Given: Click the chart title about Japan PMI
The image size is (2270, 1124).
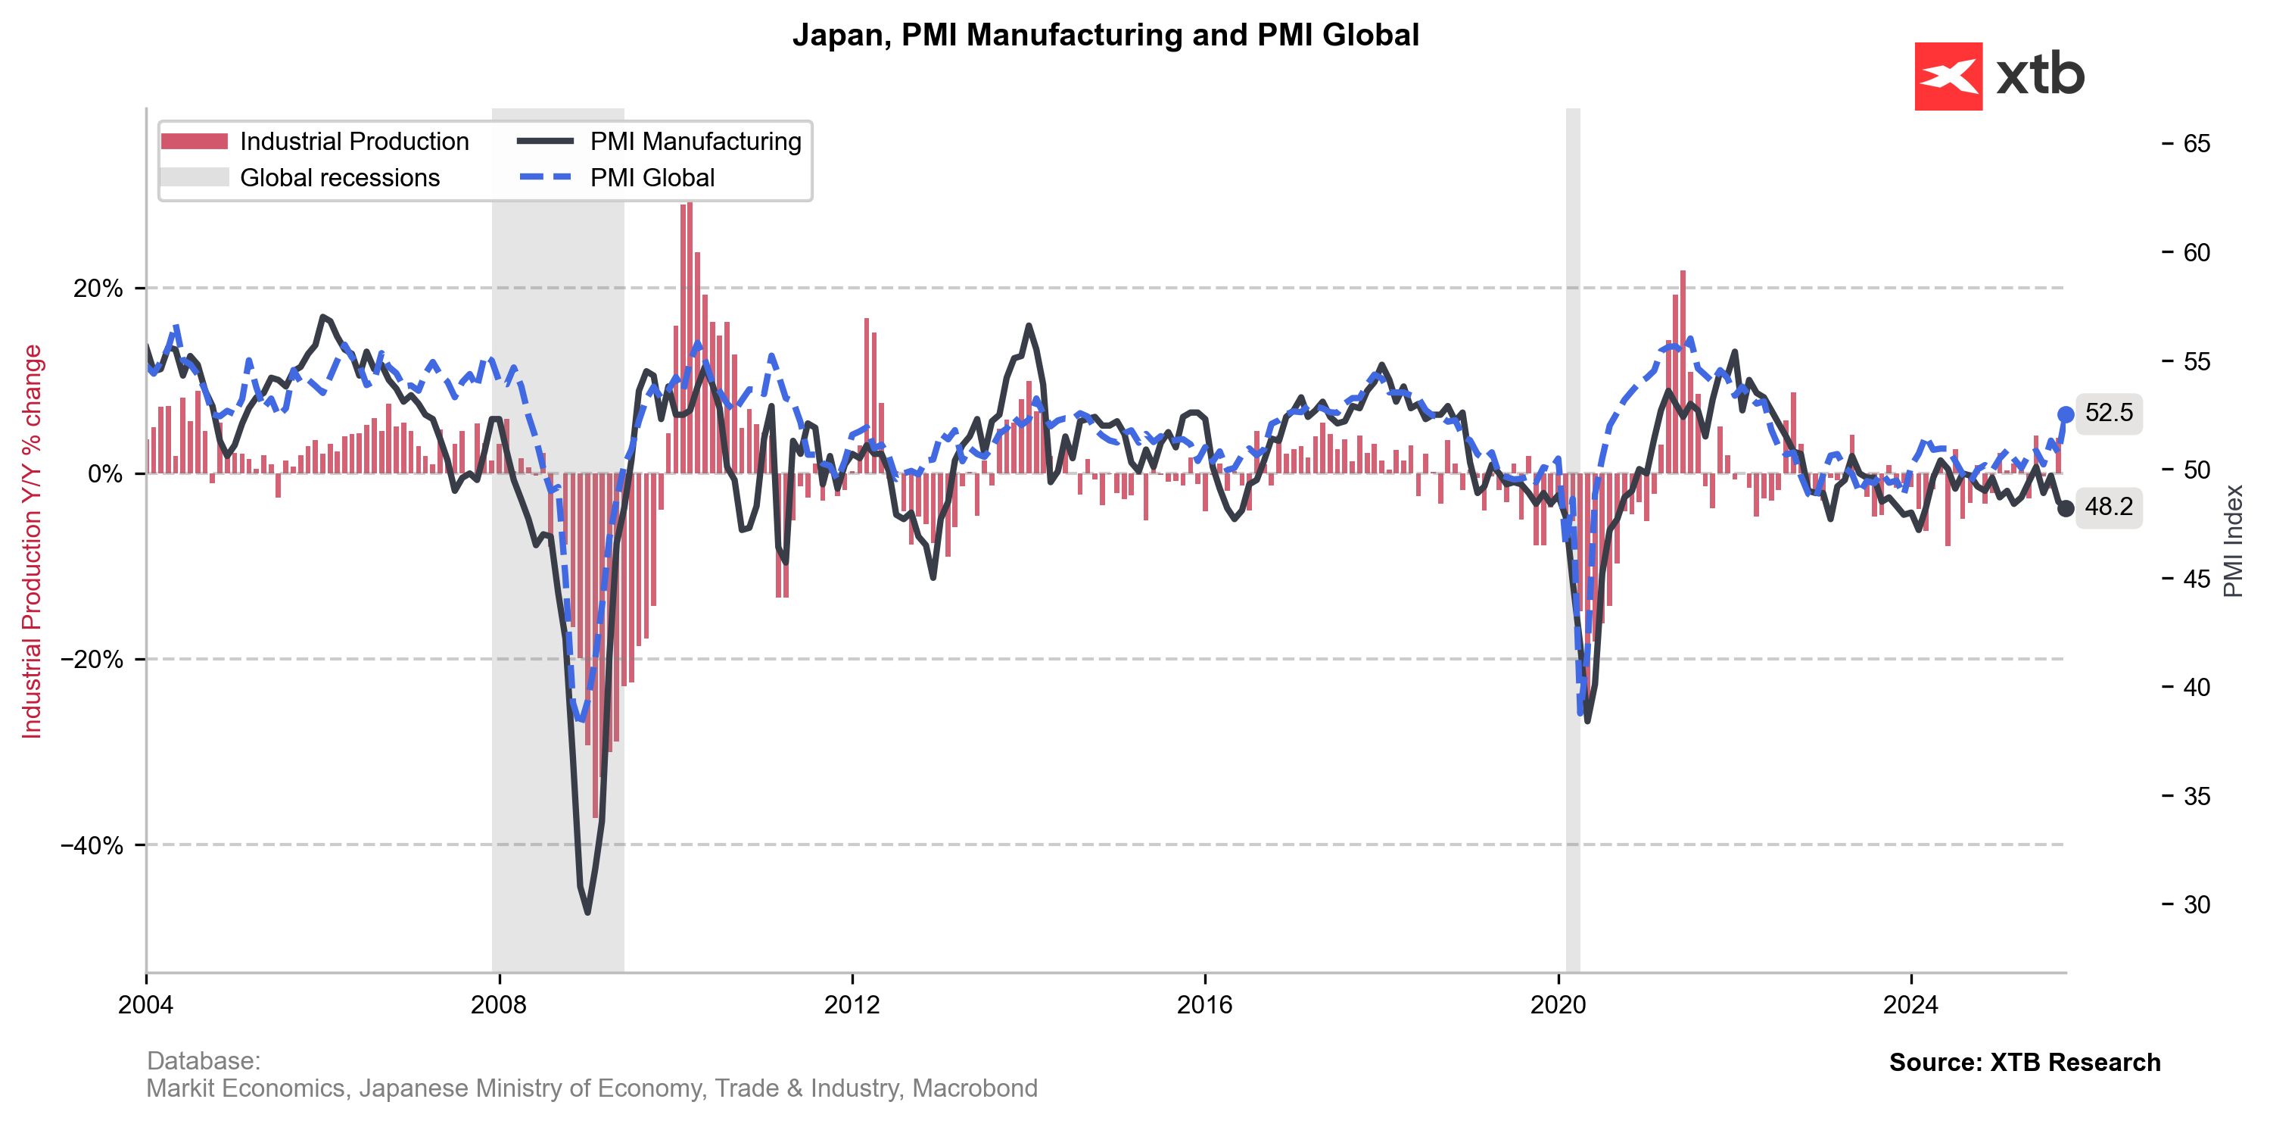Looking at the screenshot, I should pyautogui.click(x=1105, y=36).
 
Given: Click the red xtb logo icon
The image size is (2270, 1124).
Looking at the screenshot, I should pyautogui.click(x=1948, y=76).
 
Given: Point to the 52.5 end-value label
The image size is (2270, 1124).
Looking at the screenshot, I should pyautogui.click(x=2108, y=413).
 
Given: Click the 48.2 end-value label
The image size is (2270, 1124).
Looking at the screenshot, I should pyautogui.click(x=2108, y=507).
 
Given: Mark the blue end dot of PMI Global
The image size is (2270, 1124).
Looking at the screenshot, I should pyautogui.click(x=2065, y=414).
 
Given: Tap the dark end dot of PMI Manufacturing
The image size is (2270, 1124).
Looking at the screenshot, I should pyautogui.click(x=2065, y=509).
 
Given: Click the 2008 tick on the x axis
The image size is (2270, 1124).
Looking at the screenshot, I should pyautogui.click(x=499, y=1004).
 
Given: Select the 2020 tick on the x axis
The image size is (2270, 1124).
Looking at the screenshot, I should pyautogui.click(x=1558, y=1004).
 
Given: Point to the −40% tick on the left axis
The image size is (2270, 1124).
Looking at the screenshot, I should pyautogui.click(x=92, y=845).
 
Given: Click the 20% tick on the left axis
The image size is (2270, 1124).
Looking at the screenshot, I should pyautogui.click(x=98, y=289).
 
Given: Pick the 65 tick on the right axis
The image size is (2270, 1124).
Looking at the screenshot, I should pyautogui.click(x=2196, y=144).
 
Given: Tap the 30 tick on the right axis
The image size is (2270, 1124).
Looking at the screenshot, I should pyautogui.click(x=2196, y=904).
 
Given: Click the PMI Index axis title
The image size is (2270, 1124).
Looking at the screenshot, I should pyautogui.click(x=2233, y=540).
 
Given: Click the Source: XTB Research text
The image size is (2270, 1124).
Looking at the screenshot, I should pyautogui.click(x=2024, y=1063).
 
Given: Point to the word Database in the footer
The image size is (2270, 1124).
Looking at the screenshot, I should pyautogui.click(x=202, y=1060).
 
